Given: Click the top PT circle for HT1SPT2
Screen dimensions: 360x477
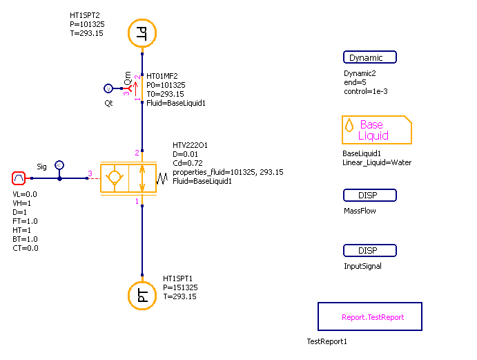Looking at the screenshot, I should (142, 32).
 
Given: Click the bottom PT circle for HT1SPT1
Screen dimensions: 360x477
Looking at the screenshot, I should (142, 296).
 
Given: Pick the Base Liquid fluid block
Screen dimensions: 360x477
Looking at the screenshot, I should (376, 130).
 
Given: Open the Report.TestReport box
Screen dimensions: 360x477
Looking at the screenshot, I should (369, 317).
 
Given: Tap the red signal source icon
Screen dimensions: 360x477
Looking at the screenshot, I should (19, 178).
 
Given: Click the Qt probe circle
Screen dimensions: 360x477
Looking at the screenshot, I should (108, 88).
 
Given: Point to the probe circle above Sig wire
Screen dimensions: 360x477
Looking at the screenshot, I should (59, 165).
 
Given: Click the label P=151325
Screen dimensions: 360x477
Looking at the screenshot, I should (180, 287).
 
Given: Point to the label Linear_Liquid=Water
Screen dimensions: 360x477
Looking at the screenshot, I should (377, 162).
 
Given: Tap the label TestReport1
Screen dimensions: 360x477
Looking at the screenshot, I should (327, 341).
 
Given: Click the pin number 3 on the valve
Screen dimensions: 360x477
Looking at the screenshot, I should (89, 173).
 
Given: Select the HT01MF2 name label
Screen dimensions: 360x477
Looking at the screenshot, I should (163, 76).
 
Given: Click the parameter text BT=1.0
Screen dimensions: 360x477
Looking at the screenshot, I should (26, 239).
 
